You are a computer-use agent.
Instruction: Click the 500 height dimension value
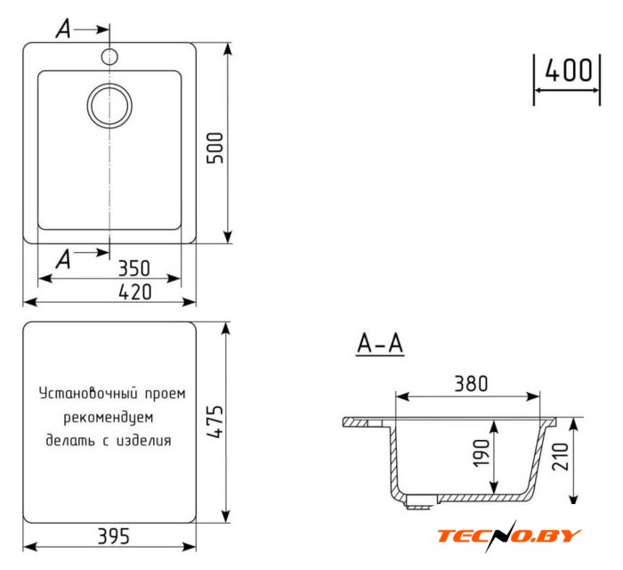pos(215,148)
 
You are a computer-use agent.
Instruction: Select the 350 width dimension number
pos(134,268)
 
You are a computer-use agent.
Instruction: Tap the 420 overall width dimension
pos(135,292)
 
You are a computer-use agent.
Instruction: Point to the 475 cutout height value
pos(215,422)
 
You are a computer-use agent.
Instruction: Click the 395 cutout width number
pos(114,536)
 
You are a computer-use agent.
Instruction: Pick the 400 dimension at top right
pos(568,70)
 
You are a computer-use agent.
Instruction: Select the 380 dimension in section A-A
pos(471,384)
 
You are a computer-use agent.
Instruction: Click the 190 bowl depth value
pos(481,453)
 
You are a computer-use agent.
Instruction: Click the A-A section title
pos(380,344)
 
